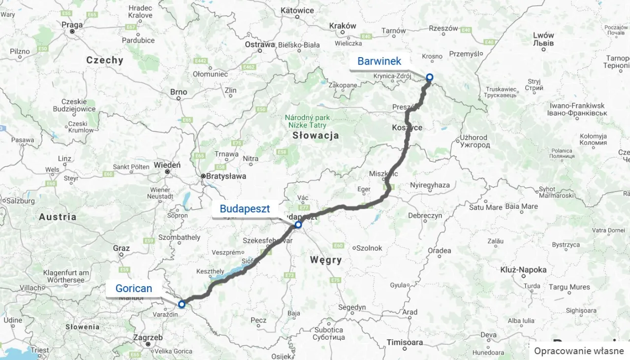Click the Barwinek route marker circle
[429, 77]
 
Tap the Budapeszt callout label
[245, 209]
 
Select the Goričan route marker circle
[181, 304]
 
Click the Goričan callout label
[133, 289]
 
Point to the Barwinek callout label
[379, 62]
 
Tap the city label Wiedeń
[167, 165]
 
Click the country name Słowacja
[315, 135]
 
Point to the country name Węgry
[326, 260]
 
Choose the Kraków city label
[343, 26]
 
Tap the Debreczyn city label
[424, 216]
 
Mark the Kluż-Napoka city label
[523, 270]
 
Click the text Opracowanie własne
[579, 351]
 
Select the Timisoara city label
[405, 342]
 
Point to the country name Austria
[58, 217]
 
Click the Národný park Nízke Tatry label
[308, 122]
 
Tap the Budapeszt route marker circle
[298, 225]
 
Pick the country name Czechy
[104, 60]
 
